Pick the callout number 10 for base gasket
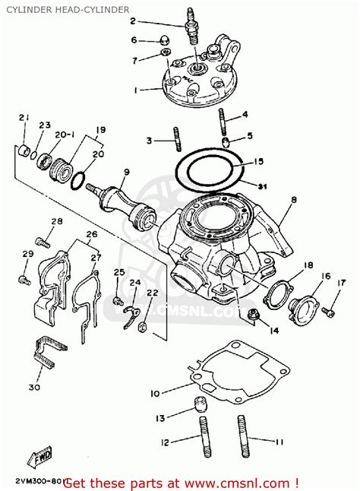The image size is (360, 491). coord(154,393)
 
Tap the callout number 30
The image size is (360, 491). coord(33,388)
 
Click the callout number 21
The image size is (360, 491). coord(24,117)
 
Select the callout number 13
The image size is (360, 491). coord(160,418)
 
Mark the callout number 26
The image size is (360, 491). coord(92,235)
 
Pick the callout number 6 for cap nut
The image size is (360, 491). coord(134,40)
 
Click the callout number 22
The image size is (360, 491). coord(152,293)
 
